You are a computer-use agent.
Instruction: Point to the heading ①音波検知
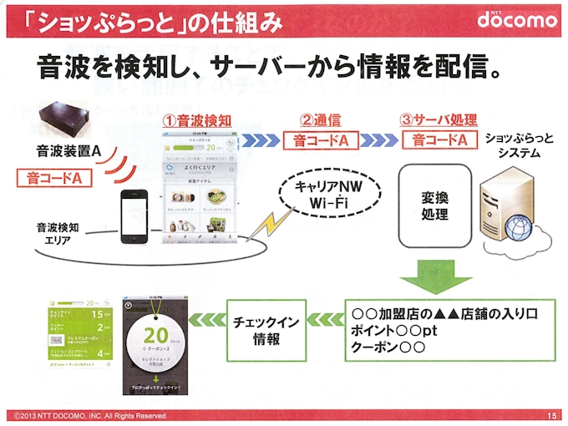[198, 120]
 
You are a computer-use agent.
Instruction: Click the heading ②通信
[321, 120]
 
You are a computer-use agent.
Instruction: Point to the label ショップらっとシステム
[518, 145]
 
